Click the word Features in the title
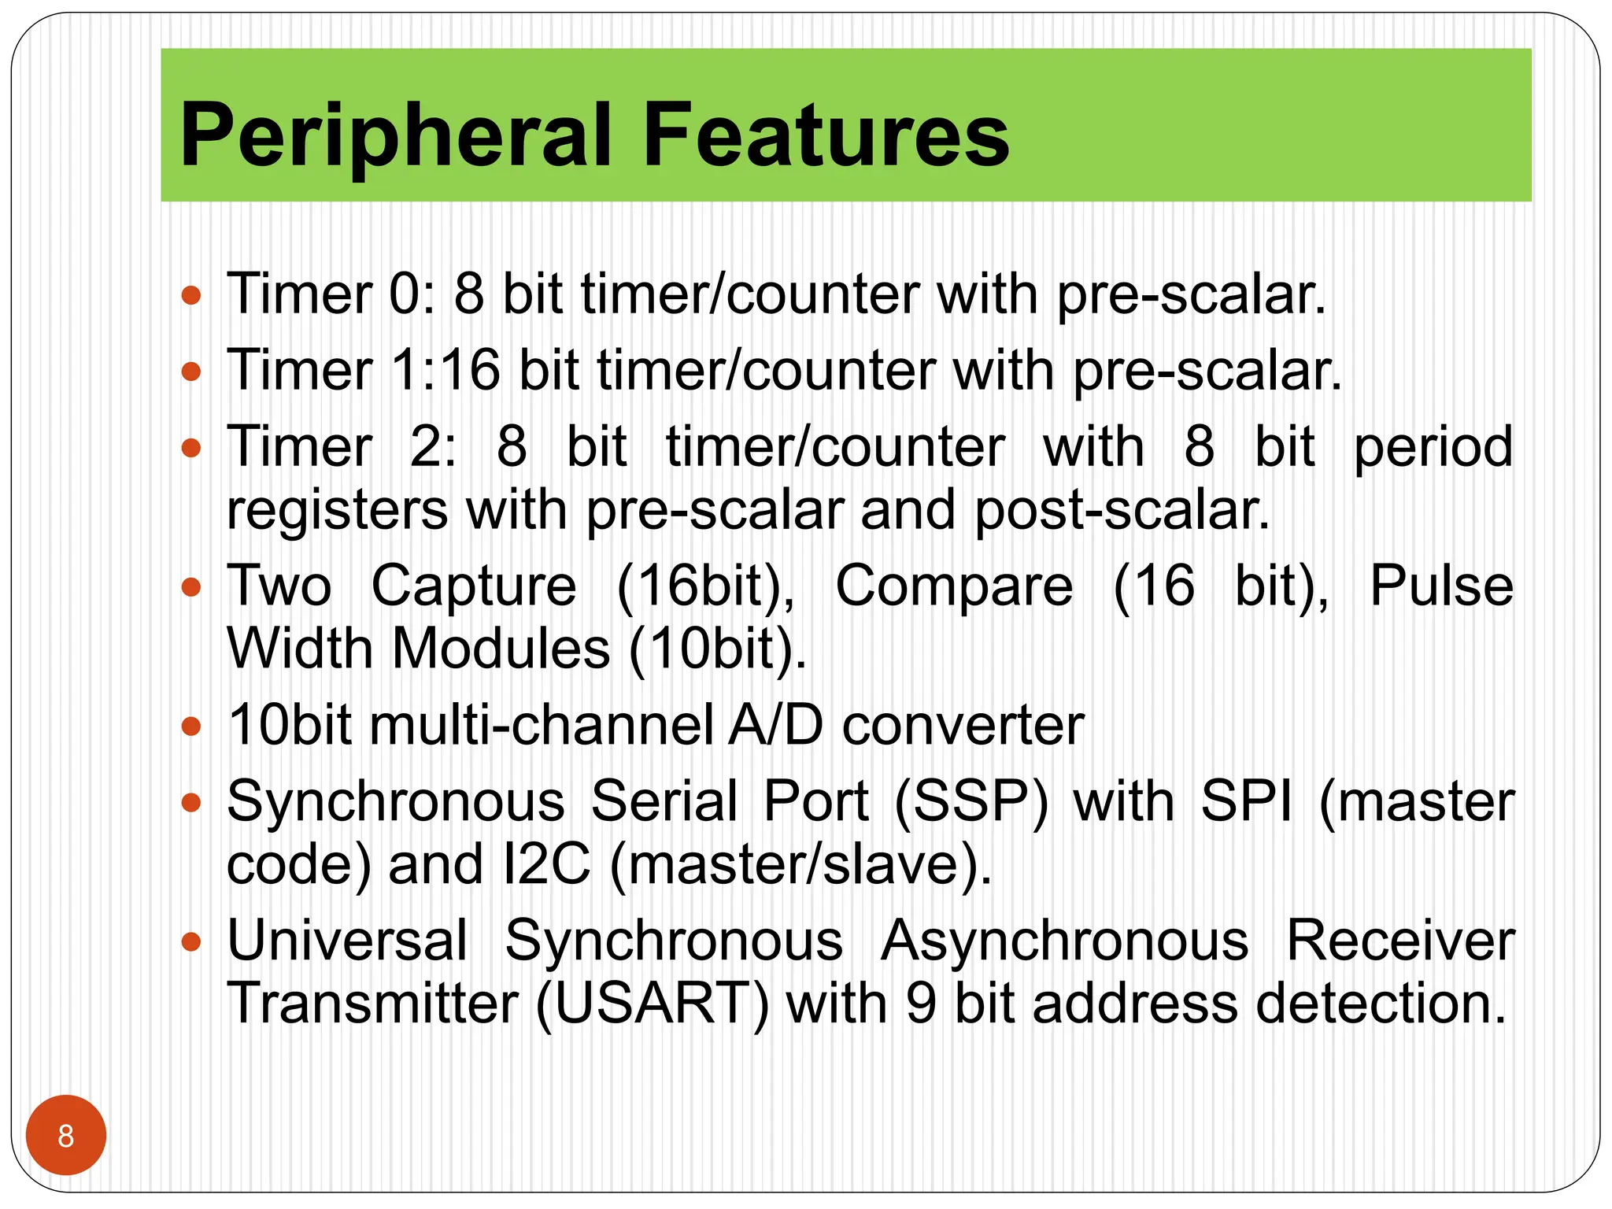pos(826,135)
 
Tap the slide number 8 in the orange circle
pos(66,1136)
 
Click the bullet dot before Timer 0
pos(191,296)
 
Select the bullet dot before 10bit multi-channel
pos(191,726)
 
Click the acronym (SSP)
pos(971,802)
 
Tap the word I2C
pos(545,864)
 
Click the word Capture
pos(474,586)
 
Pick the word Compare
pos(953,586)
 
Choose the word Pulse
pos(1441,586)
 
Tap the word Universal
pos(347,941)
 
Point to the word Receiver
pos(1399,941)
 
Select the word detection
pos(1381,1004)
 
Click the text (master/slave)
pos(800,864)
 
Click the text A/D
pos(775,726)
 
